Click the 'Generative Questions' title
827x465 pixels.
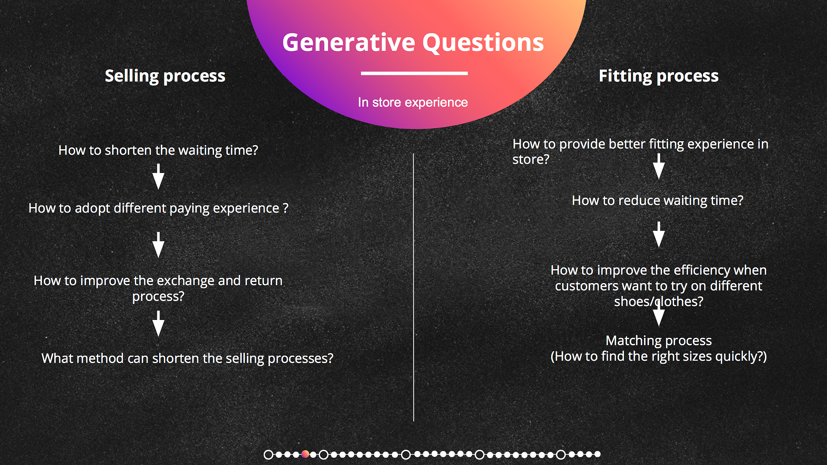[413, 43]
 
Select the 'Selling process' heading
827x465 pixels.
[165, 76]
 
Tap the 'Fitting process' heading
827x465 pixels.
[658, 76]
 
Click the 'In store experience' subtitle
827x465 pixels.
[413, 102]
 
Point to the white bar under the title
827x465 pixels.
[414, 73]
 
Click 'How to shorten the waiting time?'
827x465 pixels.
[158, 150]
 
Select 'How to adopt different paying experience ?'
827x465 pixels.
[158, 208]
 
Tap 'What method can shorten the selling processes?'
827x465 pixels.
[187, 358]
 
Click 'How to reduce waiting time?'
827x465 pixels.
[658, 201]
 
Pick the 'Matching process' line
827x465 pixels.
[658, 341]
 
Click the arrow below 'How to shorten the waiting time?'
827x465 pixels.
[158, 176]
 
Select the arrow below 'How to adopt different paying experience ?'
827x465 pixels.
[158, 245]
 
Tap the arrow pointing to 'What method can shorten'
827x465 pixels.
[158, 323]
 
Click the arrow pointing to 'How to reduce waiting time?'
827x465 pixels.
[659, 166]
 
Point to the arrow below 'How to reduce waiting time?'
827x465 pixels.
[659, 235]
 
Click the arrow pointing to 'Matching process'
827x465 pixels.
[659, 314]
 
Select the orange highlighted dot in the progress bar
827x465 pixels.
[305, 454]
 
